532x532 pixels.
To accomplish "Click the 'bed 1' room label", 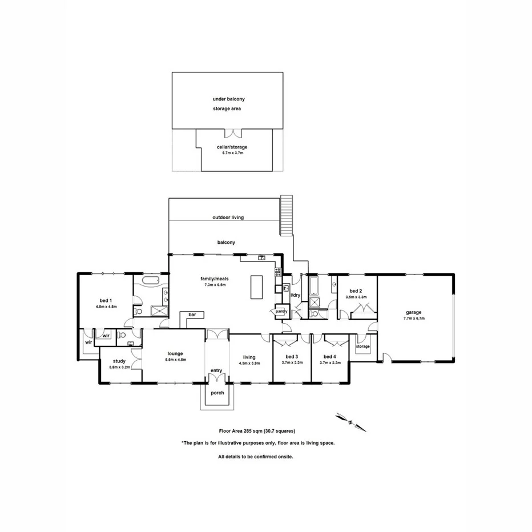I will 106,300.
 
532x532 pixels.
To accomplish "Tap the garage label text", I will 414,312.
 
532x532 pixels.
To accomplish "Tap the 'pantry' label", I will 281,312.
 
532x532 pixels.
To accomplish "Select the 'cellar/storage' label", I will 232,147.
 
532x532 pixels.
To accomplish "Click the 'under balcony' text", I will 228,99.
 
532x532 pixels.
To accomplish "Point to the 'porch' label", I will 217,393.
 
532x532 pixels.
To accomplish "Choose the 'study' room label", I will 119,361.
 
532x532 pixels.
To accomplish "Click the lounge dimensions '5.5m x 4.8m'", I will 176,360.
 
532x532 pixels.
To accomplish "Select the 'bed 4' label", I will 331,357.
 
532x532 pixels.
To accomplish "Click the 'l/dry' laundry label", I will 295,295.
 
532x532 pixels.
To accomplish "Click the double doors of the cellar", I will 232,133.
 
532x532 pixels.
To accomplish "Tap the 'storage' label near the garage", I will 363,346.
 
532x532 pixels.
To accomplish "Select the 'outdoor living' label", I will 228,217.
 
